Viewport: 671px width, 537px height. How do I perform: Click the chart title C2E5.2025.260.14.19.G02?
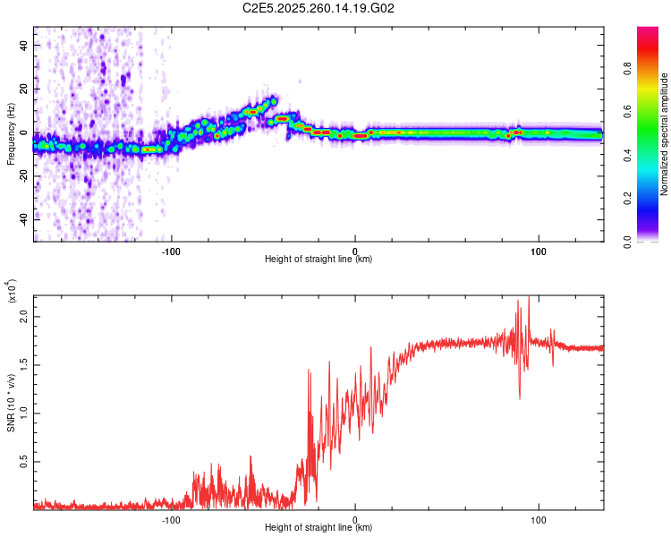pos(319,9)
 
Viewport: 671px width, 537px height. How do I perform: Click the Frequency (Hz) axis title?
pos(11,134)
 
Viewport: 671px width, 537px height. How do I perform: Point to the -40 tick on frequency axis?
pos(21,219)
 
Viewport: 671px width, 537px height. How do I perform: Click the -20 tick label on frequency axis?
pos(21,175)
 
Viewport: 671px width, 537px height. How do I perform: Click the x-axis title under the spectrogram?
pos(319,260)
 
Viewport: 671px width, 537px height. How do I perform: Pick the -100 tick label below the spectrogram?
pos(171,250)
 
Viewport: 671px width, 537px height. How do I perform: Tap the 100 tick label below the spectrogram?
pos(539,250)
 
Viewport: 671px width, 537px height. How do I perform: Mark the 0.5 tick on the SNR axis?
pos(23,462)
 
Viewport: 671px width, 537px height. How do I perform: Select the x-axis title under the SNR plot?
pos(319,528)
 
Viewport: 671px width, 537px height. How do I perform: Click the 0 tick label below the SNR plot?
pos(355,518)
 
